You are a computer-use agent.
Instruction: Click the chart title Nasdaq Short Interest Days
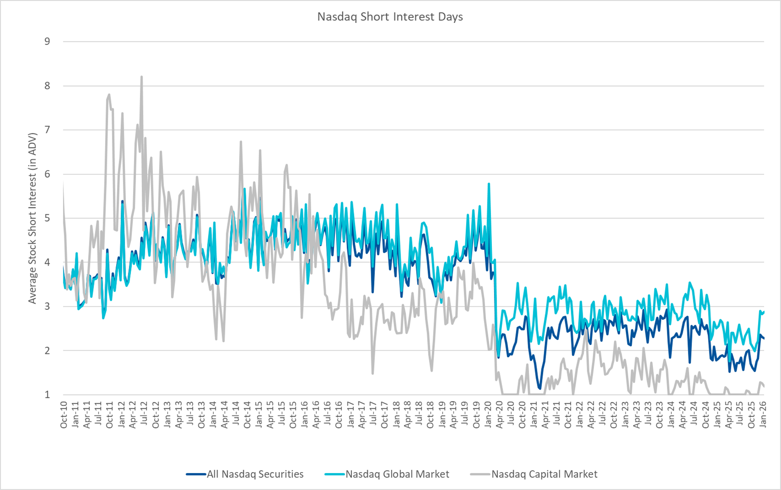[390, 17]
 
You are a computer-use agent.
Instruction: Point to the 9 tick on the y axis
[47, 41]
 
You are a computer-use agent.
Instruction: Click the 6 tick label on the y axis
[47, 174]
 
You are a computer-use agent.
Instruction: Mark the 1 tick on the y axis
[47, 395]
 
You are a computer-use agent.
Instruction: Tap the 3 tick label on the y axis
[47, 306]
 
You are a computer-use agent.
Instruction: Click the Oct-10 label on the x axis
[64, 415]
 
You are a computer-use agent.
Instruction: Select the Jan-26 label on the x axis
[763, 415]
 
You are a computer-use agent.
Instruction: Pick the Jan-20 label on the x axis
[488, 415]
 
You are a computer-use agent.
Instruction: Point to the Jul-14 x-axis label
[236, 415]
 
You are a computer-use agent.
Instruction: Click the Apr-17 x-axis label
[362, 415]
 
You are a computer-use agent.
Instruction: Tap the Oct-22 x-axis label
[614, 415]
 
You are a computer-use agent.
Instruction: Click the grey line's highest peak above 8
[141, 77]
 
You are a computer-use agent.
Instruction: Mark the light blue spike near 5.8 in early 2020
[489, 184]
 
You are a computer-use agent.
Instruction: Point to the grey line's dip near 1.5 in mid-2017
[373, 373]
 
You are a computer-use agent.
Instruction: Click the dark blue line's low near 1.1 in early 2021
[540, 389]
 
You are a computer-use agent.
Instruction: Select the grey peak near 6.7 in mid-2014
[241, 142]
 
